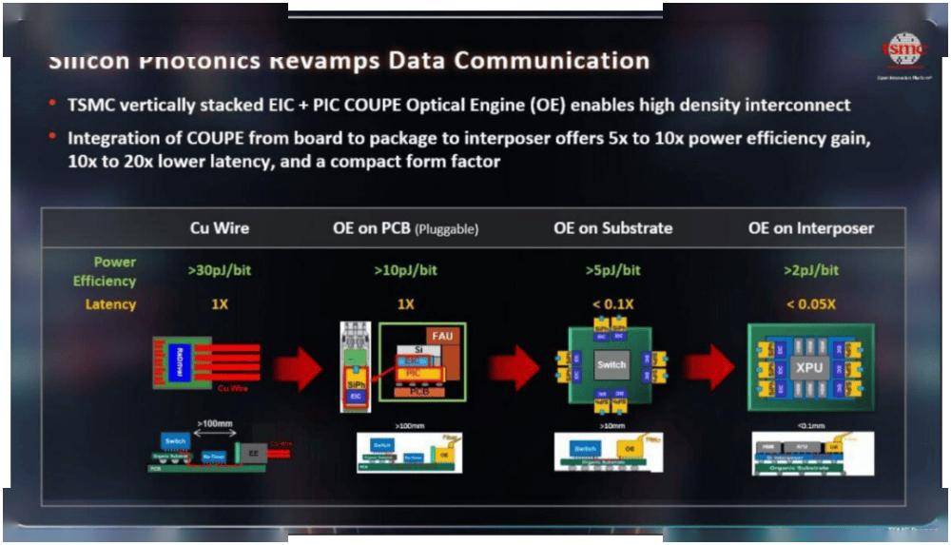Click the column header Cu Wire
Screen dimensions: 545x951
click(x=221, y=228)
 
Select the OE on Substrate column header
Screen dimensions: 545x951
click(x=613, y=228)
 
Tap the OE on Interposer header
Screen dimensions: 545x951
click(x=811, y=228)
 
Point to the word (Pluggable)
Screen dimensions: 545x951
click(x=445, y=229)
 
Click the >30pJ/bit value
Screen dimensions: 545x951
click(x=220, y=270)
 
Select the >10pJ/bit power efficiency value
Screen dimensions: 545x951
click(x=405, y=270)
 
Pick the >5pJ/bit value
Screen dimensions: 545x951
click(x=612, y=270)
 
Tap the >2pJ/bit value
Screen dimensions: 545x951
click(x=810, y=270)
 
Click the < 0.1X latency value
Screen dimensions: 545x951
click(x=612, y=304)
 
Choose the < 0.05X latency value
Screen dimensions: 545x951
click(x=810, y=304)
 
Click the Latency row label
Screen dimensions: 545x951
click(x=111, y=304)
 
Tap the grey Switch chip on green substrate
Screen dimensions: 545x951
click(x=611, y=365)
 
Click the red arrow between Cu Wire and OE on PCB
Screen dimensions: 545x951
click(x=298, y=368)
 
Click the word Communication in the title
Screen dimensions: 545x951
click(x=553, y=62)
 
